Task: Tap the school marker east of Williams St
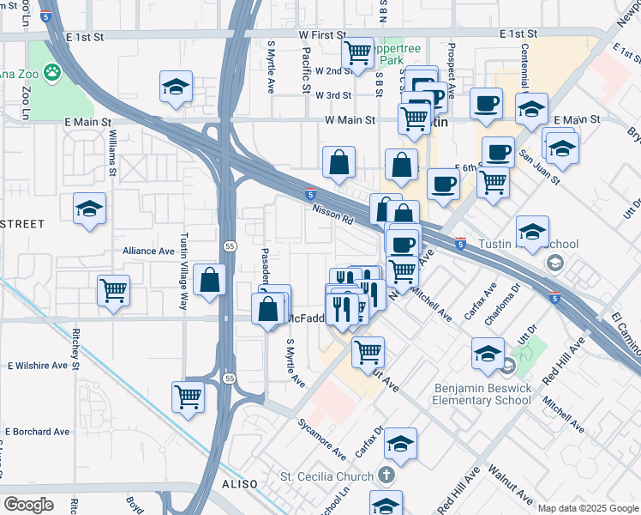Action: click(x=177, y=88)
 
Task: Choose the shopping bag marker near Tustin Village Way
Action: click(x=210, y=280)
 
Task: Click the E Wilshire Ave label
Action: click(x=37, y=365)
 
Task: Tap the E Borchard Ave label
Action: click(x=36, y=431)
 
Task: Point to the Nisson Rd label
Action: click(x=332, y=214)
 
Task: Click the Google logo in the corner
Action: click(x=28, y=505)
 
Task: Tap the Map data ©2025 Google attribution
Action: click(x=587, y=508)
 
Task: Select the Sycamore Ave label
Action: click(x=321, y=439)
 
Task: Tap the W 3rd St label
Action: click(x=333, y=95)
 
